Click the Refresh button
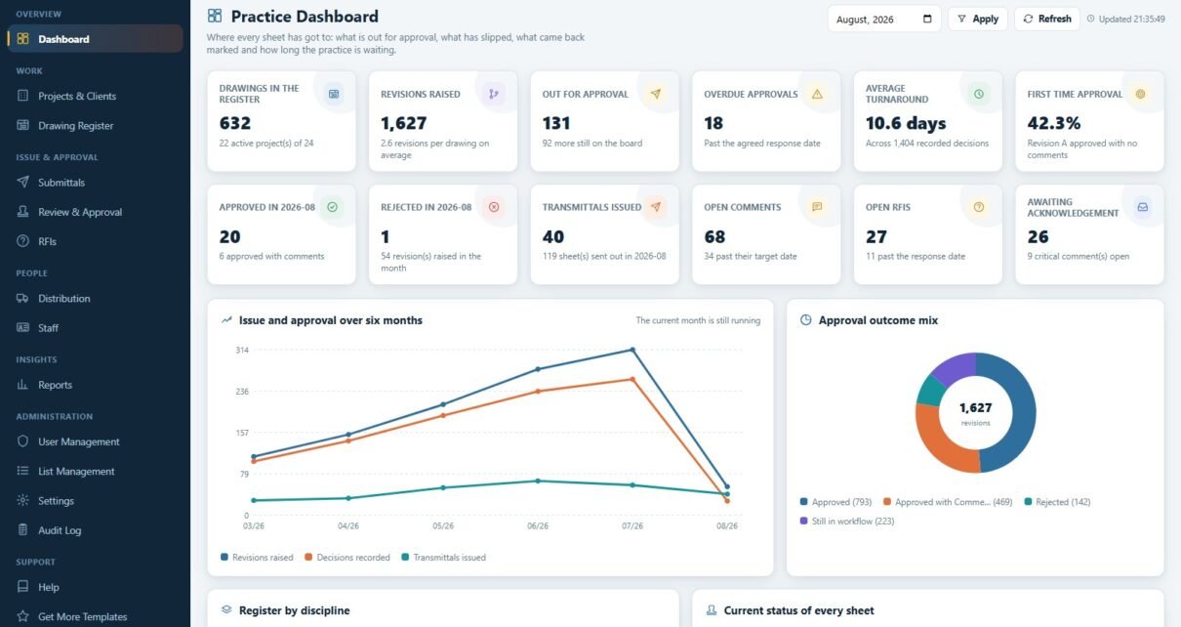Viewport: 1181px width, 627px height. [x=1046, y=19]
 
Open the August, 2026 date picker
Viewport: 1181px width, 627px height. [x=884, y=19]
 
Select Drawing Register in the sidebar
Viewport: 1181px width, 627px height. [x=75, y=126]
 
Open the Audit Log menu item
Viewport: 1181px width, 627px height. [x=59, y=530]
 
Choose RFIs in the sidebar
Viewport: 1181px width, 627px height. [x=47, y=241]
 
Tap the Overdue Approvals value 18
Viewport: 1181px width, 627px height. [x=713, y=123]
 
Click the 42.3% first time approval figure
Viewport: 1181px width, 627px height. [x=1053, y=123]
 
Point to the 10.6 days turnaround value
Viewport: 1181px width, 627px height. [x=906, y=123]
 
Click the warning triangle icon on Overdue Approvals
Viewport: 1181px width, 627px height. [x=817, y=94]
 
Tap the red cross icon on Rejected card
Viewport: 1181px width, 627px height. [x=494, y=207]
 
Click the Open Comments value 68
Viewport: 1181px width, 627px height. [x=714, y=236]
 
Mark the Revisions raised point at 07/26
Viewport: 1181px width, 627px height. [x=632, y=350]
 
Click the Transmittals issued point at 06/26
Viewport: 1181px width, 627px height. [x=538, y=481]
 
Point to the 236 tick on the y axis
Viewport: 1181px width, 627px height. [x=242, y=391]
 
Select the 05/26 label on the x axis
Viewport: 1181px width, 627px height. [x=443, y=525]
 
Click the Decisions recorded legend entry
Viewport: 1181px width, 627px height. [x=347, y=558]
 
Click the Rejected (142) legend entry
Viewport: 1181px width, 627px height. [x=1057, y=502]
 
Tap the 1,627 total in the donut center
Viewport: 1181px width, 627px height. [x=975, y=407]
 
